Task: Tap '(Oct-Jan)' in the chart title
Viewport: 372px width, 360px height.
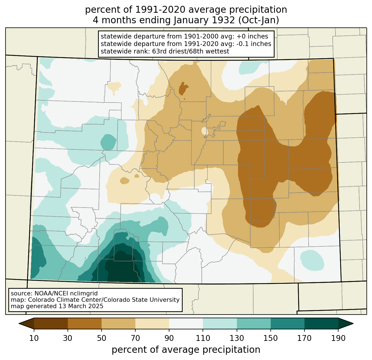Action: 259,20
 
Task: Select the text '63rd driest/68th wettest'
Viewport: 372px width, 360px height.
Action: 191,51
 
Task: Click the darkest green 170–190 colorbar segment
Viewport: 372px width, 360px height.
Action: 321,324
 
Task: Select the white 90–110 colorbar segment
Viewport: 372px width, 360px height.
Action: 186,324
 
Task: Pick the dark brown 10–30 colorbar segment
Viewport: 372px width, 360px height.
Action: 51,324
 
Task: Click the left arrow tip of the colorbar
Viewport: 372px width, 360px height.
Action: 19,324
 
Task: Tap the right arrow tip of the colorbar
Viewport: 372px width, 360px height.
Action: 353,324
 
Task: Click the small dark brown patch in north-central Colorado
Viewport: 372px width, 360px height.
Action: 183,89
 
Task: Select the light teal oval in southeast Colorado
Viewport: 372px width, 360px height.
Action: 312,260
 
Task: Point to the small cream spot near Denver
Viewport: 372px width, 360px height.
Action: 205,131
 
